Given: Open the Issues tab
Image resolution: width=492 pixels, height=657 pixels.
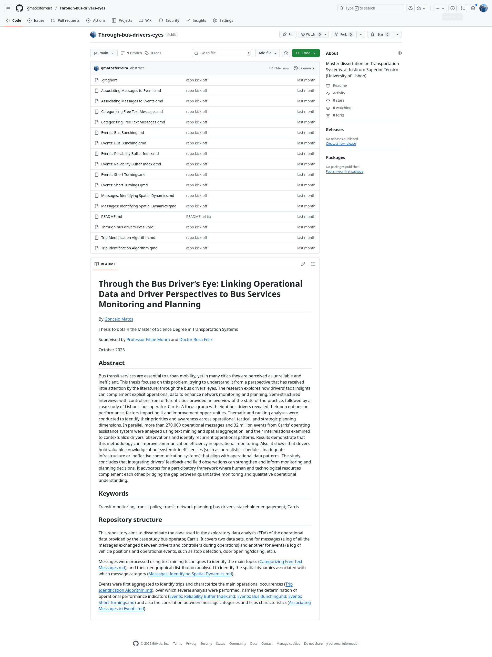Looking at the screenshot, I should pos(36,20).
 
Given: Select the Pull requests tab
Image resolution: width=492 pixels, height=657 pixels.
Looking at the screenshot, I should pos(65,20).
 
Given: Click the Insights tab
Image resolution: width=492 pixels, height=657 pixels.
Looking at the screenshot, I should pos(196,20).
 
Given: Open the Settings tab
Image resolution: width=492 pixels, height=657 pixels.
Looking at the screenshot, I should pos(223,20).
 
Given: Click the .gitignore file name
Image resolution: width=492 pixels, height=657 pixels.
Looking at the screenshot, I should pos(109,80).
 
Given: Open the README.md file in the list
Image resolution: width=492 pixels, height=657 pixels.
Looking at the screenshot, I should pos(111,217).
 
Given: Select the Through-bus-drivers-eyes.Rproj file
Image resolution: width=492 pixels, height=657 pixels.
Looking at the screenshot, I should pos(128,227).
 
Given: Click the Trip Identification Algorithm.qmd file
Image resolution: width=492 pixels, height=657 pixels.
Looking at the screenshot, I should pos(129,248).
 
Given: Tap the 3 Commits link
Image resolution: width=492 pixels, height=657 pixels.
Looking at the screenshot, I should pos(304,68).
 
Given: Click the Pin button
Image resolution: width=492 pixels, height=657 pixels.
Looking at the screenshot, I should pos(288,35).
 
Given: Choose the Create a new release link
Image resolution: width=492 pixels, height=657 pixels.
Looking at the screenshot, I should pos(341,144).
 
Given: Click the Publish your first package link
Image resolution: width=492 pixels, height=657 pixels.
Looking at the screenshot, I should pos(344,172).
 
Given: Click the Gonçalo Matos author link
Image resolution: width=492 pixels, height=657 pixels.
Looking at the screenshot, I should pos(119,319).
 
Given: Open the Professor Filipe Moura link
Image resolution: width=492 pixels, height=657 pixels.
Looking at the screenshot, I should pos(148,340).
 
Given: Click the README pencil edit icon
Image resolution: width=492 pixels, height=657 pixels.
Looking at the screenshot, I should pos(303,264).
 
